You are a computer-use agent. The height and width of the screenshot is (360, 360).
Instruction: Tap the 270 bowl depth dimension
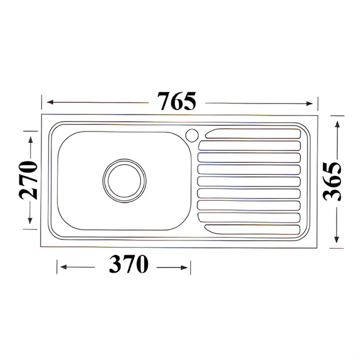pos(28,180)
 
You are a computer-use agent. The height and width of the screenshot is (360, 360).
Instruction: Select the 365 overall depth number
pos(334,181)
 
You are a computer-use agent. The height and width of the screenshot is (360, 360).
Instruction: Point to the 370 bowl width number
pos(128,264)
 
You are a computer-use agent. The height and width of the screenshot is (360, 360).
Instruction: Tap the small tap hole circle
pos(191,134)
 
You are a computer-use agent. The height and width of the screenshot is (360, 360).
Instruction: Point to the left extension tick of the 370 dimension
pos(56,267)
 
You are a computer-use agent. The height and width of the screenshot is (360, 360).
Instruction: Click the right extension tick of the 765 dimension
pos(318,103)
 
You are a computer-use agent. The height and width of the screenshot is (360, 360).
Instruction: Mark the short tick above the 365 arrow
pos(337,116)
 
